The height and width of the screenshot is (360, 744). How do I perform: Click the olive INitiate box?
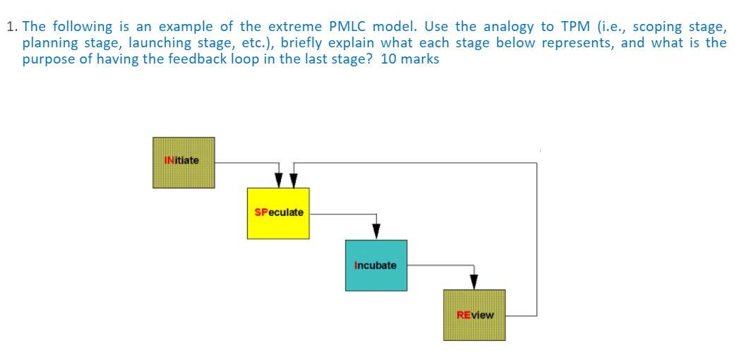(184, 162)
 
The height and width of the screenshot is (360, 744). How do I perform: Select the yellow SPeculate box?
(278, 213)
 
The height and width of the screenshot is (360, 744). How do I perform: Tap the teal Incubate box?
(376, 265)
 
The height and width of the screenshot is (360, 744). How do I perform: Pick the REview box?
(474, 316)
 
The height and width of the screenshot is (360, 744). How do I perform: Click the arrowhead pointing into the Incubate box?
(376, 231)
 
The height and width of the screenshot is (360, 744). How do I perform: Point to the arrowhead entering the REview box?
(474, 281)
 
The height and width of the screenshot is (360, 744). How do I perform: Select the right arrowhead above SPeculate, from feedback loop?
(294, 180)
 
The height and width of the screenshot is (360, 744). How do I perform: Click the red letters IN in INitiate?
(169, 160)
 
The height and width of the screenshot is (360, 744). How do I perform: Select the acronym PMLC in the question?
(349, 27)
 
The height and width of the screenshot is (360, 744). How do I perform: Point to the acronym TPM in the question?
(576, 27)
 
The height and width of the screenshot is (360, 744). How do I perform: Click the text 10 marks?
(409, 59)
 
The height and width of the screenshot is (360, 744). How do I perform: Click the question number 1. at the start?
(11, 27)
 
